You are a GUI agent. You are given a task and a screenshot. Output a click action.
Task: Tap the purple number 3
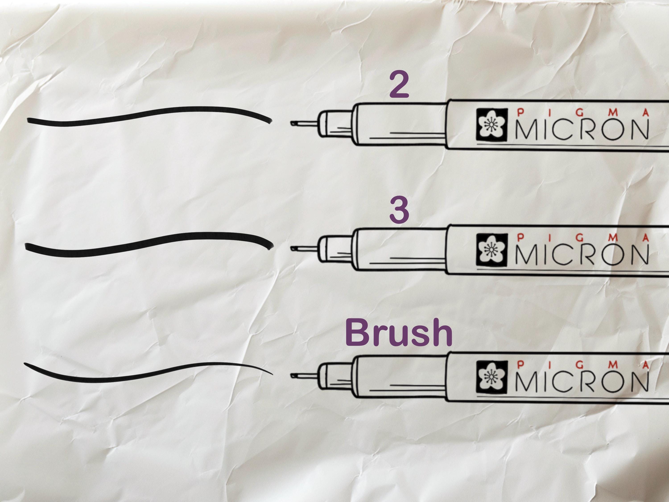tap(399, 211)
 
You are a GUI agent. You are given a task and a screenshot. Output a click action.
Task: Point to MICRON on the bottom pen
tap(582, 380)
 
